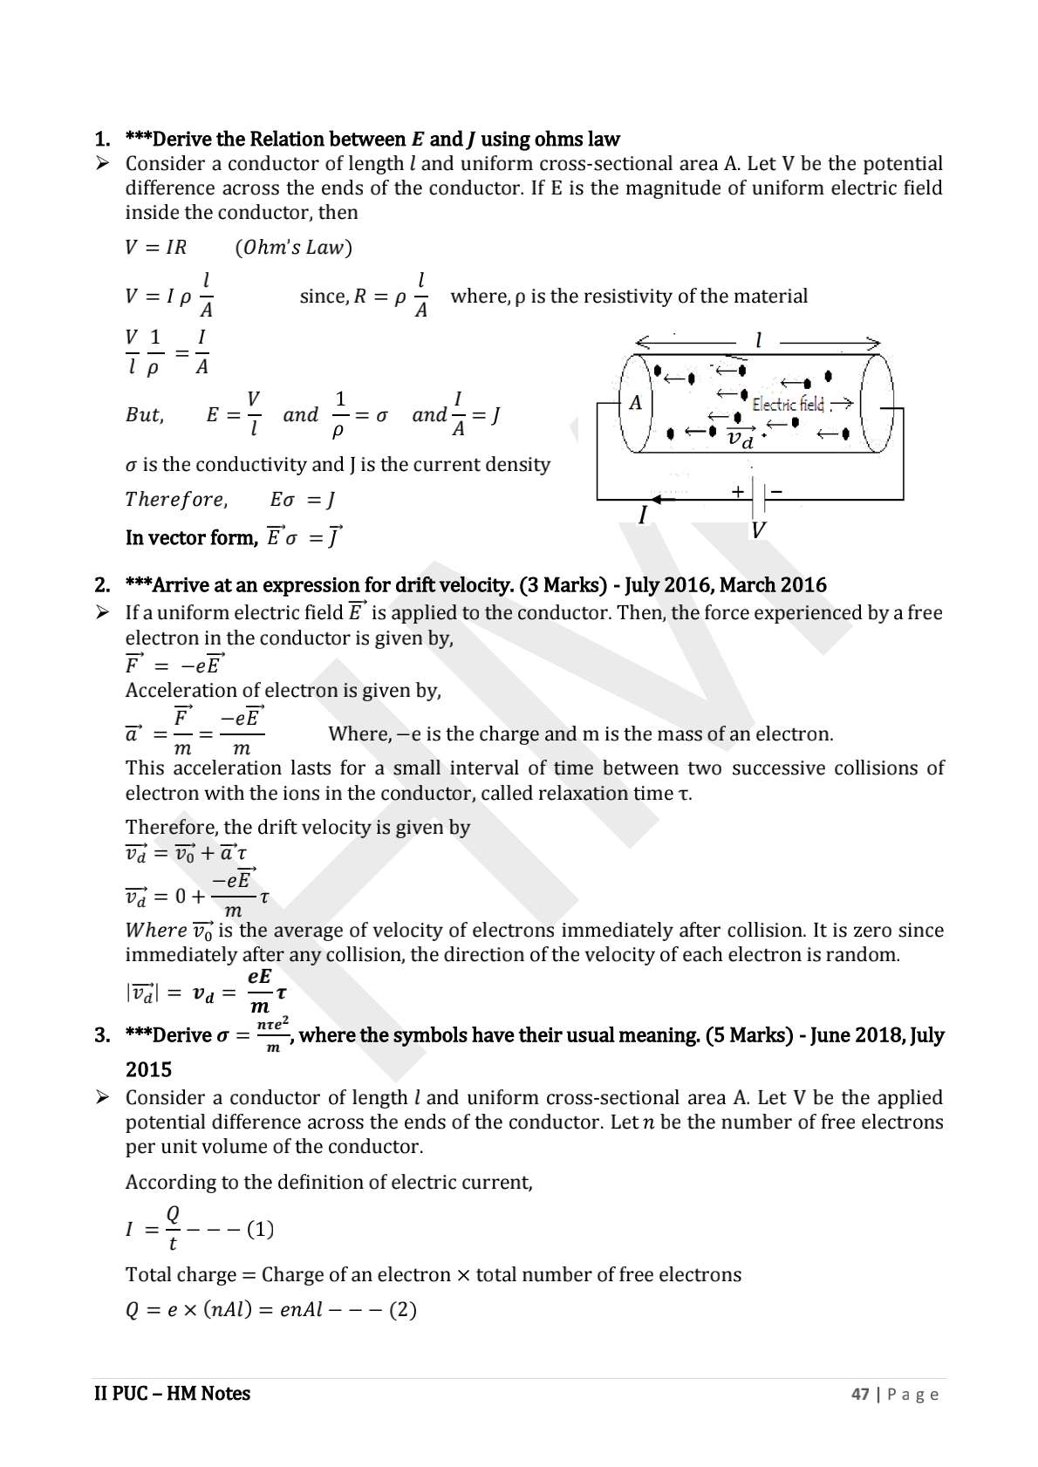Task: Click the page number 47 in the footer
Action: pyautogui.click(x=860, y=1395)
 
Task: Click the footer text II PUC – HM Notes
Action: pyautogui.click(x=172, y=1394)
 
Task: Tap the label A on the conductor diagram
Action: pyautogui.click(x=635, y=403)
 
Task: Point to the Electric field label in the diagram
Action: pyautogui.click(x=788, y=404)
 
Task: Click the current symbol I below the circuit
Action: pyautogui.click(x=643, y=515)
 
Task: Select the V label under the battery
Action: pyautogui.click(x=758, y=529)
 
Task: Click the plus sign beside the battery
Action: pyautogui.click(x=738, y=491)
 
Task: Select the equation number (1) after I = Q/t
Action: pyautogui.click(x=260, y=1230)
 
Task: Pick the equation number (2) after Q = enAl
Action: pyautogui.click(x=402, y=1310)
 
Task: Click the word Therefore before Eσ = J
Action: pyautogui.click(x=175, y=500)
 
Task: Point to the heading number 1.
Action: pyautogui.click(x=102, y=140)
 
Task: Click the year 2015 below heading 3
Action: pyautogui.click(x=148, y=1070)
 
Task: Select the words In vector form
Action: pyautogui.click(x=191, y=538)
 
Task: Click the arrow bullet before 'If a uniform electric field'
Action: pyautogui.click(x=102, y=613)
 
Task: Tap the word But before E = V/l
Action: pyautogui.click(x=144, y=415)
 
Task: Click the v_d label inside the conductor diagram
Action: pyautogui.click(x=741, y=438)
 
